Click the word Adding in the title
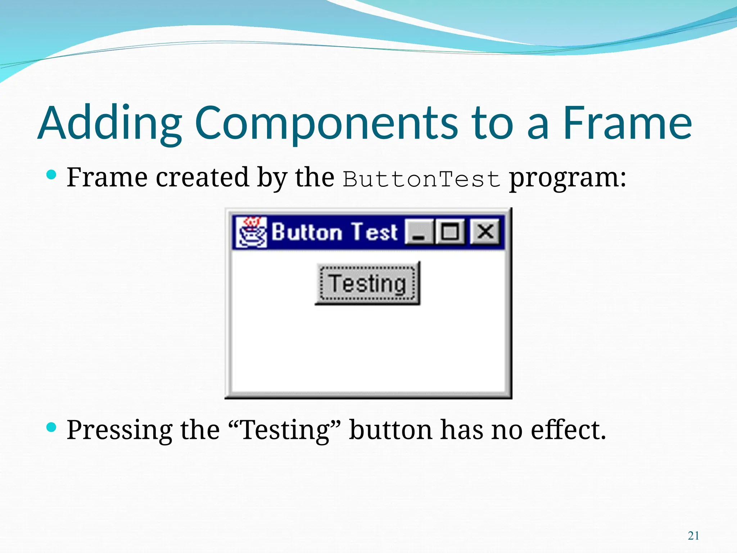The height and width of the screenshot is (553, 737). tap(110, 123)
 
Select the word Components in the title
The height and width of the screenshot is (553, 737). tap(326, 123)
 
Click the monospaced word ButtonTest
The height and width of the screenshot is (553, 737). tap(421, 179)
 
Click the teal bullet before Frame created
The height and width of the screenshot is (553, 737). tap(52, 175)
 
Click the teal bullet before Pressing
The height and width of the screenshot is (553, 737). tap(52, 427)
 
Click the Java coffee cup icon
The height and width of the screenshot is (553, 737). tap(252, 232)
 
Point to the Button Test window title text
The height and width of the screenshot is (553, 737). tap(334, 232)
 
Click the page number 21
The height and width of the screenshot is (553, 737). tap(693, 536)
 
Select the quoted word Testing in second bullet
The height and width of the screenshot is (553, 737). tap(284, 430)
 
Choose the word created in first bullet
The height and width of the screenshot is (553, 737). tap(202, 177)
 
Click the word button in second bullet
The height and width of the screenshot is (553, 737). tap(391, 430)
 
